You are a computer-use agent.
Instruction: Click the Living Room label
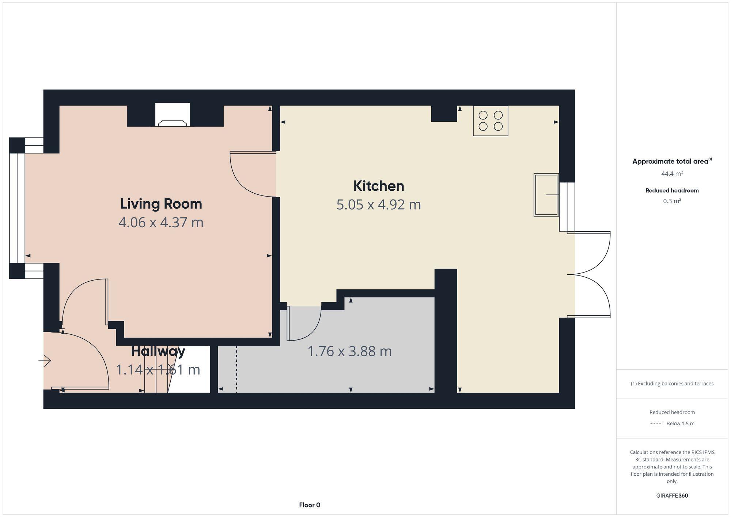[161, 204]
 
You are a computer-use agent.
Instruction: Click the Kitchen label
[378, 186]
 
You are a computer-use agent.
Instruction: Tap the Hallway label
[158, 351]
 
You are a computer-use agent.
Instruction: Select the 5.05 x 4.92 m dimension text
[378, 205]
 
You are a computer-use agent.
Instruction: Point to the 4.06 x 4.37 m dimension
[161, 223]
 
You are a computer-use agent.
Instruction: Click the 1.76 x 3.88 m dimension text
[349, 351]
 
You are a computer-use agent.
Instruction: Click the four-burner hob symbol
[490, 121]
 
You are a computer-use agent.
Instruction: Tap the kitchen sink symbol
[546, 195]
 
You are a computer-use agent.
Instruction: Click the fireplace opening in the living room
[172, 115]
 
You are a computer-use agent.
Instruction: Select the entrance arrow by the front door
[45, 361]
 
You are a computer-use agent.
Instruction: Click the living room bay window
[17, 208]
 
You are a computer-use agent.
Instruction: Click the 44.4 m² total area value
[672, 174]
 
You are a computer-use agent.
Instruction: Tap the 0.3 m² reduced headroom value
[672, 201]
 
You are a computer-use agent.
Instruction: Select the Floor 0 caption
[309, 505]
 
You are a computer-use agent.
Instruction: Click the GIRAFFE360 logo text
[672, 496]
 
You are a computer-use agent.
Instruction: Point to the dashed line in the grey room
[236, 369]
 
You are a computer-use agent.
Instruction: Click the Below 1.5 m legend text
[680, 424]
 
